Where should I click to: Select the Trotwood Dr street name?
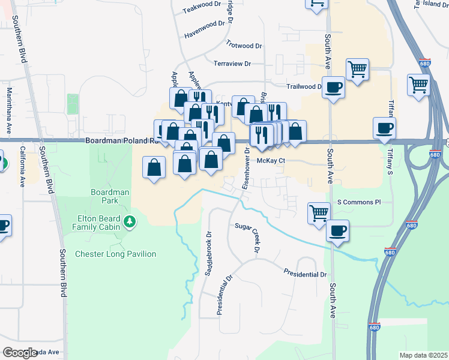point(245,45)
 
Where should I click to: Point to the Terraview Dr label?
point(232,64)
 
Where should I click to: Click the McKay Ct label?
point(270,161)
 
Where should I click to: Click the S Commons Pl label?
point(359,202)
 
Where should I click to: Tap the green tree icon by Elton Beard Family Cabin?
point(129,223)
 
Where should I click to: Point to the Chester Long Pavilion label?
point(115,254)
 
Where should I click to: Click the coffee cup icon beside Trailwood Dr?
point(333,88)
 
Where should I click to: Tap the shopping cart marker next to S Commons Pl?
point(319,212)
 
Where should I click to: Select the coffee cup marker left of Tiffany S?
point(384,127)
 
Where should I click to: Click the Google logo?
point(19,353)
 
